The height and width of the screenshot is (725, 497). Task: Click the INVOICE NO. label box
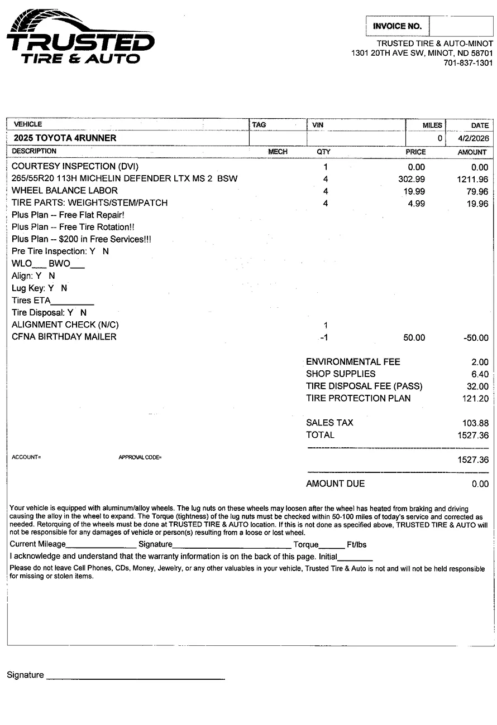tap(398, 26)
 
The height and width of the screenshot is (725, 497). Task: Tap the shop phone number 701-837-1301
tap(468, 63)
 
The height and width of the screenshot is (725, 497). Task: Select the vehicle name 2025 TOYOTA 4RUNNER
tap(65, 138)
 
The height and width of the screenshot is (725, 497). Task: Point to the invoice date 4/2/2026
tap(473, 138)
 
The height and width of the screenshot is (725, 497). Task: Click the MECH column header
tap(278, 152)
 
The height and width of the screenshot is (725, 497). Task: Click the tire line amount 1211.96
tap(472, 179)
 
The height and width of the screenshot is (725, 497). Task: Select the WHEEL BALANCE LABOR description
tap(65, 191)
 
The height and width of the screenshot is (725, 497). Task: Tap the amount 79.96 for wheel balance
tap(476, 191)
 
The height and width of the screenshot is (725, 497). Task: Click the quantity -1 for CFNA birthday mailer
tap(323, 337)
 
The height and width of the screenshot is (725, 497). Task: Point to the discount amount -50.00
tap(476, 337)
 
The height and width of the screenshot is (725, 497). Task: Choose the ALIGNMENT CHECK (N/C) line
tap(65, 325)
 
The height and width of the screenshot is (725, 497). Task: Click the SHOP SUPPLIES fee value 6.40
tap(480, 374)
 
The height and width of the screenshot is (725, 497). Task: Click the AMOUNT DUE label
tap(335, 484)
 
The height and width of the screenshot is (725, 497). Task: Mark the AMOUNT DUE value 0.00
tap(480, 484)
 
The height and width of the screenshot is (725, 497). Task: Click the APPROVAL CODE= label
tap(140, 458)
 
